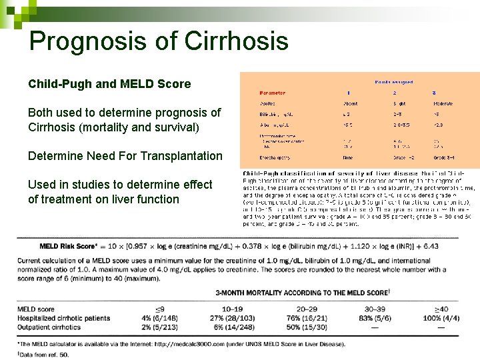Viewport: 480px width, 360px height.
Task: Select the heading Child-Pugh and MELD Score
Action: tap(109, 84)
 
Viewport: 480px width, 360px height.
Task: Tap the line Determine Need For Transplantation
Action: tap(125, 156)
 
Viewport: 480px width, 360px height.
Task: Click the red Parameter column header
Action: tap(272, 93)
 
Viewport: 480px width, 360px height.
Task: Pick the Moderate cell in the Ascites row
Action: tap(443, 103)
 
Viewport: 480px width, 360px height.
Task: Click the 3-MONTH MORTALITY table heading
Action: tap(301, 293)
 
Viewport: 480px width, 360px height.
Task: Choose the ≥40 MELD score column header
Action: tap(441, 309)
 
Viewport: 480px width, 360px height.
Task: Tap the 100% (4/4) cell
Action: tap(441, 318)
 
